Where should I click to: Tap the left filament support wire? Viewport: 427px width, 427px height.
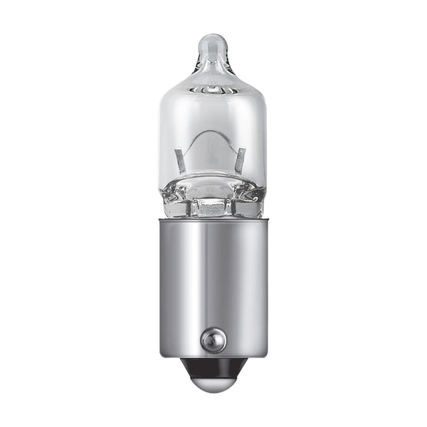tap(181, 161)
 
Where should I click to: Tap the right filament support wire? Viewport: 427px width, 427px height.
tap(241, 159)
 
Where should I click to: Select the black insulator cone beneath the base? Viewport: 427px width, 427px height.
tap(212, 367)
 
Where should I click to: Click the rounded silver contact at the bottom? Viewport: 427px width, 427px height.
tap(212, 385)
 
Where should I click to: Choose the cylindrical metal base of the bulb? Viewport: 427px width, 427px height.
tap(212, 285)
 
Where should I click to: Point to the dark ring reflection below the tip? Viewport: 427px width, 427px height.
tap(212, 91)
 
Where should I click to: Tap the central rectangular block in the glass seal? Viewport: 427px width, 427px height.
tap(212, 208)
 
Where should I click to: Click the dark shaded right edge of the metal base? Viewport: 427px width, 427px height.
tap(260, 285)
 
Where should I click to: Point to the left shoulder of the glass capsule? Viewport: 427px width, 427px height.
tap(168, 96)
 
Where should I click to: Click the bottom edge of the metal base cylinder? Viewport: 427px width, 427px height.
tap(212, 355)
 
